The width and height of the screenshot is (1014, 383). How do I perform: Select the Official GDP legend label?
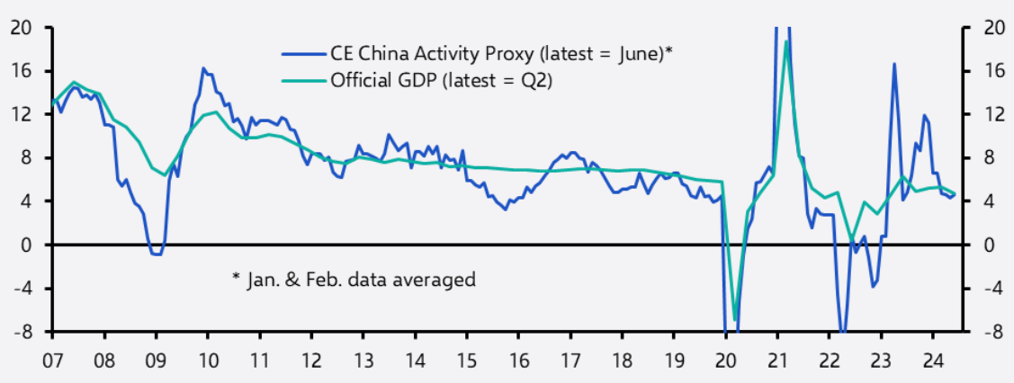click(x=441, y=81)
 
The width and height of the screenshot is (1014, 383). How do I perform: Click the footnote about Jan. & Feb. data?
click(x=353, y=280)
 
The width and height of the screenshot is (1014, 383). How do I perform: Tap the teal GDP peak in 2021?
click(x=786, y=41)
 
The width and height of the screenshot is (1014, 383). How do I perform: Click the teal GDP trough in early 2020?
click(x=735, y=320)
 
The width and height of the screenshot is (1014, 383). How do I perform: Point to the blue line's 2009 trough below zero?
click(x=157, y=254)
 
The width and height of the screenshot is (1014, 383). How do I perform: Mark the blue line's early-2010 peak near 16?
click(x=203, y=68)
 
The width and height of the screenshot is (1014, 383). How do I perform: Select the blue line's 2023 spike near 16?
click(x=894, y=64)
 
